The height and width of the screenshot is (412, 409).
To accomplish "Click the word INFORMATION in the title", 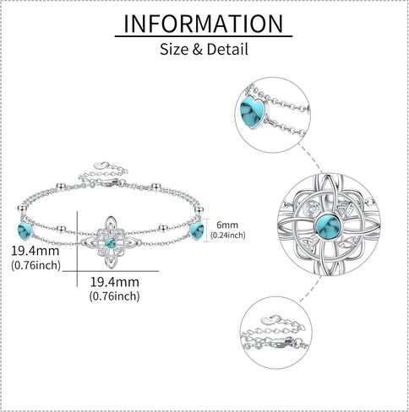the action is pyautogui.click(x=204, y=24).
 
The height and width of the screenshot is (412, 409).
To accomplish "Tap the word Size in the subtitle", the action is pyautogui.click(x=174, y=49).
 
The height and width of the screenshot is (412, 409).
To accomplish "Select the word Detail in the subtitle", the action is pyautogui.click(x=227, y=49).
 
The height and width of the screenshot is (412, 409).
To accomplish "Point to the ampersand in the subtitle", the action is pyautogui.click(x=198, y=50).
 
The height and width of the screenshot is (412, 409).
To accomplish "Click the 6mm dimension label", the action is pyautogui.click(x=227, y=225).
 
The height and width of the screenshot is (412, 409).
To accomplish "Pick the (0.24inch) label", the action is pyautogui.click(x=228, y=235).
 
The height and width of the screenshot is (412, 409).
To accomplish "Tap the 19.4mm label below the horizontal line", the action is pyautogui.click(x=115, y=282).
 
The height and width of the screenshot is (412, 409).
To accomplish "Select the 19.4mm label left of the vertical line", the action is pyautogui.click(x=35, y=251).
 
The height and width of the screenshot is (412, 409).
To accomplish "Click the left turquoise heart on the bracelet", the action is pyautogui.click(x=25, y=230).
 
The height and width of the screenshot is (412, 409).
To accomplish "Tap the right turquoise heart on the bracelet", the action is pyautogui.click(x=197, y=230).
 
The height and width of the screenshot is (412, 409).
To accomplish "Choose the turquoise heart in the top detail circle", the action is pyautogui.click(x=252, y=112).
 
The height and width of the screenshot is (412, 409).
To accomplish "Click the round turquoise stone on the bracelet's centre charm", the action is pyautogui.click(x=111, y=243).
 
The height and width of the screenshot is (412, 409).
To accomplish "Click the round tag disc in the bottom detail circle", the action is pyautogui.click(x=267, y=320).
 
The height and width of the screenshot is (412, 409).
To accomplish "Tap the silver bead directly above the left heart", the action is pyautogui.click(x=22, y=209).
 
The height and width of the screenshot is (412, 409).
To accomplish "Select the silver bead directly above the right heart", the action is pyautogui.click(x=199, y=209).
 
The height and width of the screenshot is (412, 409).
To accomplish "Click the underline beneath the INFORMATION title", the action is pyautogui.click(x=204, y=36).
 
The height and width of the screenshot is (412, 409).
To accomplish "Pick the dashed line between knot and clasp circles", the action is pyautogui.click(x=311, y=290).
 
